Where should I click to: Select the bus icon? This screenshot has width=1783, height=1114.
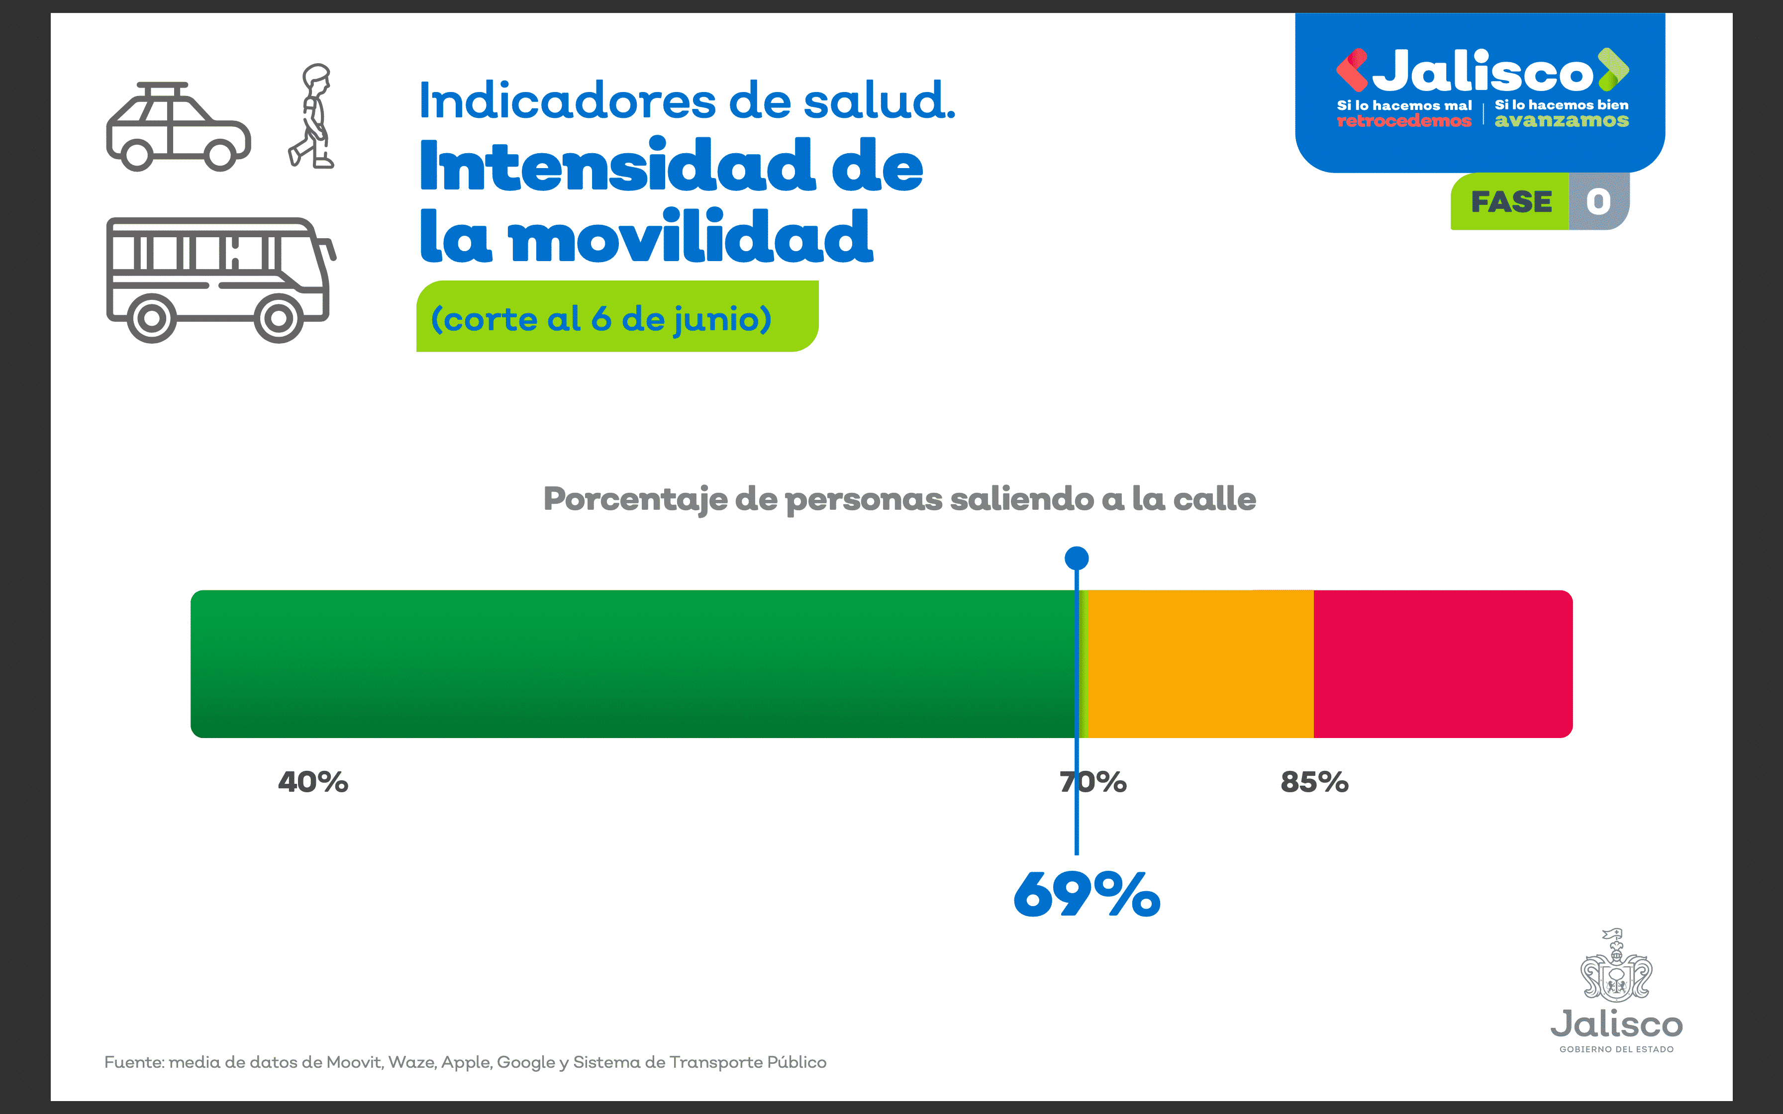[x=219, y=280]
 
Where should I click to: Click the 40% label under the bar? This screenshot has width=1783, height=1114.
[x=313, y=782]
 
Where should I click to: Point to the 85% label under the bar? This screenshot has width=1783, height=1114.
[x=1314, y=782]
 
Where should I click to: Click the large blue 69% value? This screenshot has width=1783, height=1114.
[x=1087, y=895]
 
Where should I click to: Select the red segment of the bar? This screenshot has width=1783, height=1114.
[x=1443, y=663]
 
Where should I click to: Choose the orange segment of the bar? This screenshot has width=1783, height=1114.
[x=1201, y=663]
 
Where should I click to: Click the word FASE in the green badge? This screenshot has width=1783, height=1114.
[x=1511, y=202]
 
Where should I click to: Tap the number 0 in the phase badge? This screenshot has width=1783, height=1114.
[x=1598, y=202]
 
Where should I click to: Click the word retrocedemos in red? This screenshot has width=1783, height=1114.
[x=1403, y=121]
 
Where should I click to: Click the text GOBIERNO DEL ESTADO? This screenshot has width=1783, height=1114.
[x=1616, y=1049]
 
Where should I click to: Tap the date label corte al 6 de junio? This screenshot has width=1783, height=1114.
[x=601, y=318]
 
